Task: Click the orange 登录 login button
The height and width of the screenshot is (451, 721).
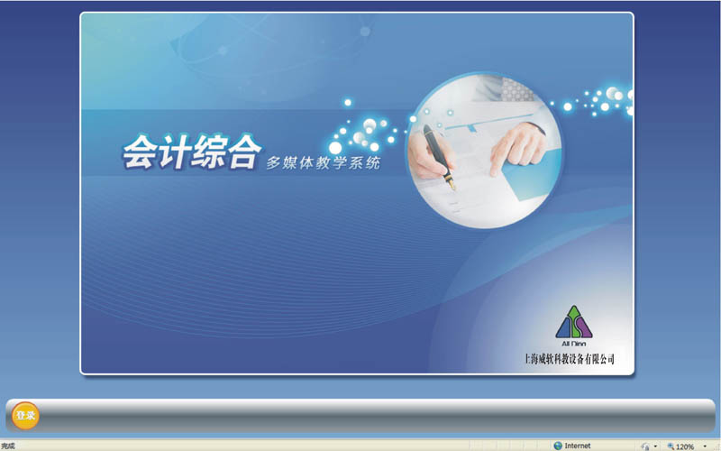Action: pyautogui.click(x=25, y=416)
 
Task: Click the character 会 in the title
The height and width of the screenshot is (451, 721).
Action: pyautogui.click(x=140, y=152)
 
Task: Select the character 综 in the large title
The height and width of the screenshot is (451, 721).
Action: pyautogui.click(x=208, y=152)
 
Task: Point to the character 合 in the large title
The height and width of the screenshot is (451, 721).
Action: pyautogui.click(x=243, y=152)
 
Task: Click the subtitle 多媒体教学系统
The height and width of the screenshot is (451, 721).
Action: pyautogui.click(x=324, y=163)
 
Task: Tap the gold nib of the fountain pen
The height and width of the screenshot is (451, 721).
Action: pyautogui.click(x=452, y=182)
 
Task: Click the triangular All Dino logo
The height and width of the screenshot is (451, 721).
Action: pyautogui.click(x=574, y=322)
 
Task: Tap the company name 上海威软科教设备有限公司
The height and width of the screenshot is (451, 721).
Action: pyautogui.click(x=570, y=359)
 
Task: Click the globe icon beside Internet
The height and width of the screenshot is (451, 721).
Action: pyautogui.click(x=558, y=446)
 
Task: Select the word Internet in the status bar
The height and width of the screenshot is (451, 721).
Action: pyautogui.click(x=578, y=446)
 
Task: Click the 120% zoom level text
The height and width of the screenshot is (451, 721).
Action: pyautogui.click(x=685, y=446)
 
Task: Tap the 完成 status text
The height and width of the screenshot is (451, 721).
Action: pyautogui.click(x=8, y=446)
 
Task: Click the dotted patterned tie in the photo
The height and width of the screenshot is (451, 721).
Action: pyautogui.click(x=518, y=88)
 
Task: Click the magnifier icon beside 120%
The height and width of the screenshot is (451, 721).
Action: pyautogui.click(x=671, y=446)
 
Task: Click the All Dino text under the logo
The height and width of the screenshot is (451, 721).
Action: pyautogui.click(x=574, y=344)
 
